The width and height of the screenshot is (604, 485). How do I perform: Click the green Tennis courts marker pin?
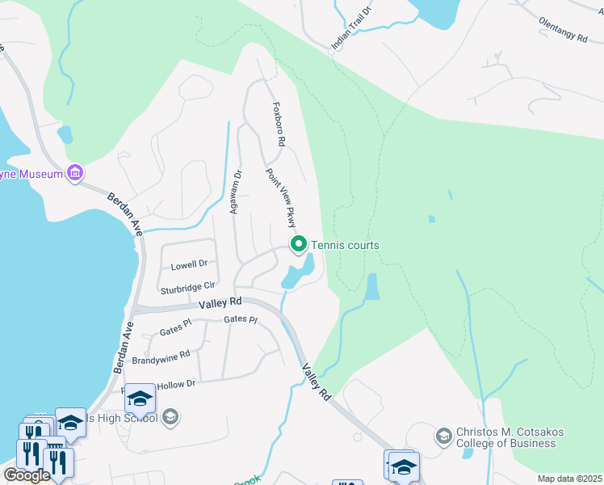pos(299,243)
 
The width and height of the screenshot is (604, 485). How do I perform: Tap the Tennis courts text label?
pos(346,246)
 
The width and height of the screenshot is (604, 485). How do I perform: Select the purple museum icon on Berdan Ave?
pos(76,172)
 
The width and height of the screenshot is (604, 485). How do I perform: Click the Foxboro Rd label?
pos(279,124)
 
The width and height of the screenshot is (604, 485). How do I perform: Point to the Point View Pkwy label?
pos(282,198)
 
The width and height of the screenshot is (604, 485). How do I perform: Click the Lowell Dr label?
pos(189,264)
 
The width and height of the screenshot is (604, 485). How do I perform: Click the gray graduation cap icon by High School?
pos(170,417)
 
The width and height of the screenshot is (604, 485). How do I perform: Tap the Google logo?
pos(27,475)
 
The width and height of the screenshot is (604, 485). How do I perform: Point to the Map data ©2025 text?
pos(568,479)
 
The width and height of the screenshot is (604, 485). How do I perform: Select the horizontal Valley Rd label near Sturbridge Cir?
pos(220,302)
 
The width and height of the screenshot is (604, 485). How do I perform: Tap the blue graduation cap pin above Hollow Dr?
pos(140,398)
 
